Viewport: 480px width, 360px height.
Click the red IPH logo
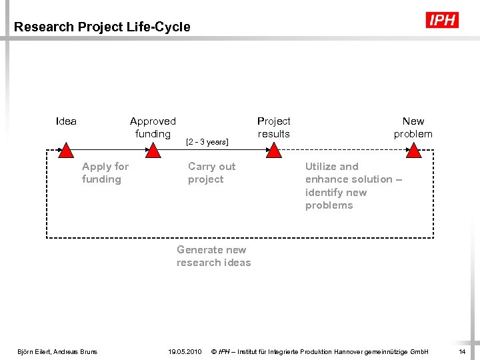pyautogui.click(x=442, y=21)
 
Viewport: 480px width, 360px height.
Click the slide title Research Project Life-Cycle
pyautogui.click(x=102, y=27)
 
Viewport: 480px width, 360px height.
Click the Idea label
pyautogui.click(x=66, y=121)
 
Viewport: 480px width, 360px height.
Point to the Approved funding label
pyautogui.click(x=153, y=127)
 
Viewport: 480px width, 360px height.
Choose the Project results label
pyautogui.click(x=273, y=127)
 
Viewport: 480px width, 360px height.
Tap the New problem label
pyautogui.click(x=413, y=127)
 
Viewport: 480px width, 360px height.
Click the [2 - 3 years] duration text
pyautogui.click(x=207, y=142)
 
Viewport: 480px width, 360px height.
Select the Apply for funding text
pyautogui.click(x=105, y=173)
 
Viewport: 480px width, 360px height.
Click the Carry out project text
pyautogui.click(x=211, y=173)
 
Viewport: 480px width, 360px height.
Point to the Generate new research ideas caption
pyautogui.click(x=213, y=256)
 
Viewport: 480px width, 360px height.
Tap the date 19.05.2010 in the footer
pyautogui.click(x=186, y=351)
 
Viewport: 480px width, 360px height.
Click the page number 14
pyautogui.click(x=462, y=351)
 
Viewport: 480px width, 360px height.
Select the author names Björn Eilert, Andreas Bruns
pyautogui.click(x=57, y=351)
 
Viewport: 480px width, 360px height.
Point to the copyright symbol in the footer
pyautogui.click(x=213, y=351)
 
